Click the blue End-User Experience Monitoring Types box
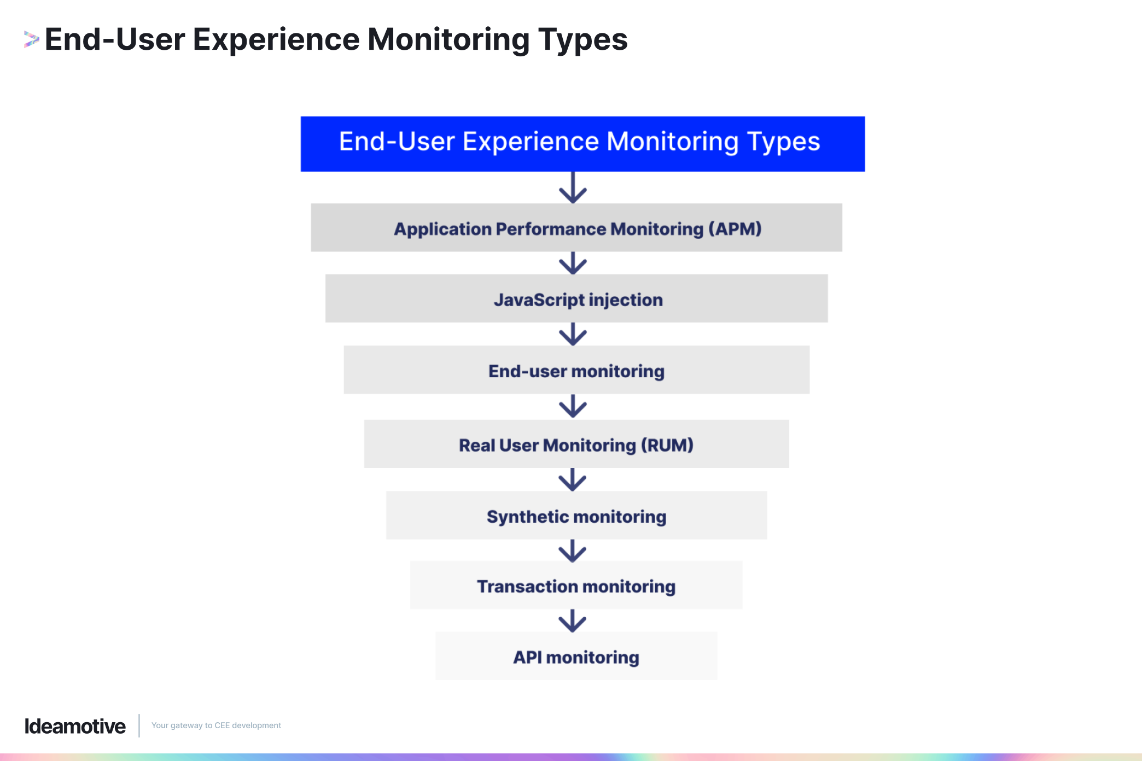582,143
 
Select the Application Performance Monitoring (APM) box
576,228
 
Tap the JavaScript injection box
576,298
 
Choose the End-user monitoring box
576,370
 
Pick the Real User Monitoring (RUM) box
576,444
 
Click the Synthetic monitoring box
576,516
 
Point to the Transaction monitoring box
576,586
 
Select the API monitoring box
576,656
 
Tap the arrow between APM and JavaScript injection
573,263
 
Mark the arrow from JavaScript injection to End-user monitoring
573,334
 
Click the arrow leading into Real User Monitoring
573,406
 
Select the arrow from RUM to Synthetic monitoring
573,479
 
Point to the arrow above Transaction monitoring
573,551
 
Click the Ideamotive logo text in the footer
75,726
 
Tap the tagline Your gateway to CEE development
216,725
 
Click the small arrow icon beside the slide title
31,39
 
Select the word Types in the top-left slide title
582,40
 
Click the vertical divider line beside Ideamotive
139,725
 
